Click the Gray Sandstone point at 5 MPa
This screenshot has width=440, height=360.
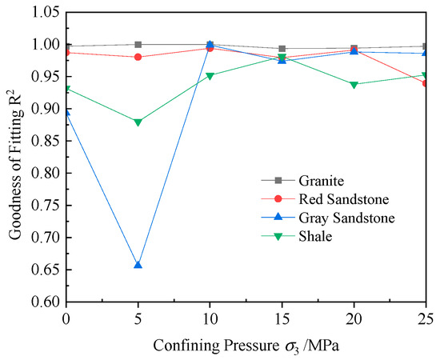138,264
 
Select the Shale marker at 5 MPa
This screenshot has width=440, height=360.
138,122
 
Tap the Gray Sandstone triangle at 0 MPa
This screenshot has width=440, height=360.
66,113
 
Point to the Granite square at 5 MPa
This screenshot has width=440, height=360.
138,45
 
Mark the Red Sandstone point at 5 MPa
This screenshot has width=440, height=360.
138,57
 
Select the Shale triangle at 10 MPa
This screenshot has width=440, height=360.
210,76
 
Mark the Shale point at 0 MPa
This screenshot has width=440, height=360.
66,90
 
